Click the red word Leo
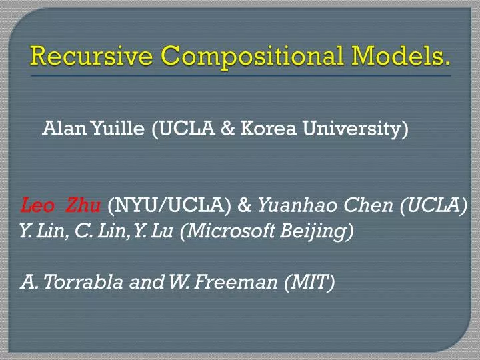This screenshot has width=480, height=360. pos(34,205)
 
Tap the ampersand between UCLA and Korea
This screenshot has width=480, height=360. pos(227,127)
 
